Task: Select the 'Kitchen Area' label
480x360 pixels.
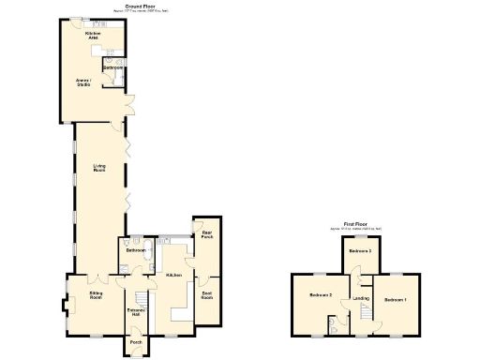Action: (x=93, y=36)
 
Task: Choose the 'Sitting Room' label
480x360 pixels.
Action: (x=95, y=296)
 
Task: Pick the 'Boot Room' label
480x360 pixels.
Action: (x=206, y=296)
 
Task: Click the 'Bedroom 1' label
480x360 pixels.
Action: (x=394, y=299)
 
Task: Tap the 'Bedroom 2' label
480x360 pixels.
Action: (x=322, y=296)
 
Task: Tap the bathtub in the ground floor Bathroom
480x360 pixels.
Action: (x=133, y=241)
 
